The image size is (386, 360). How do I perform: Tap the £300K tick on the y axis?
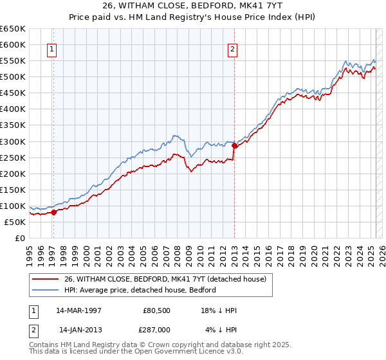(x=12, y=141)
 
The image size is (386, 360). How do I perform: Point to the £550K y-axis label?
(x=12, y=61)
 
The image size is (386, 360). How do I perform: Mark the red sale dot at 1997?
(x=53, y=212)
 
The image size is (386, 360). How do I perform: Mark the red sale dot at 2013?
(x=234, y=146)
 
